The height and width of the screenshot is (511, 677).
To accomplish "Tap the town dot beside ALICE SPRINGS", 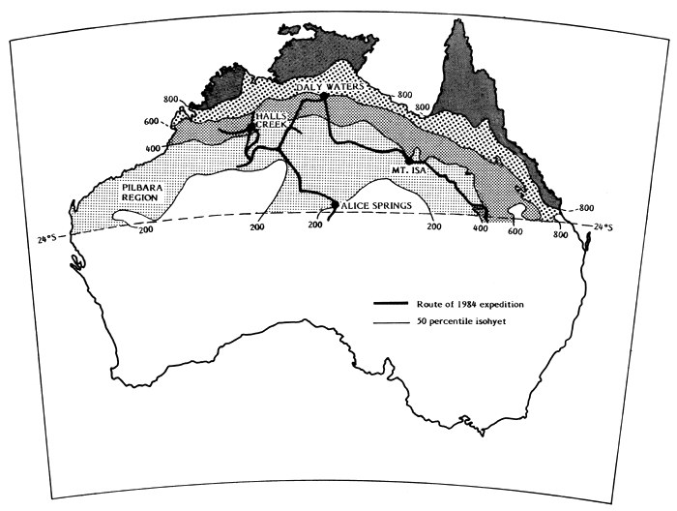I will tap(335, 205).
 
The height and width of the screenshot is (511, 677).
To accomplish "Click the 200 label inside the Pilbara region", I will tap(145, 229).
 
